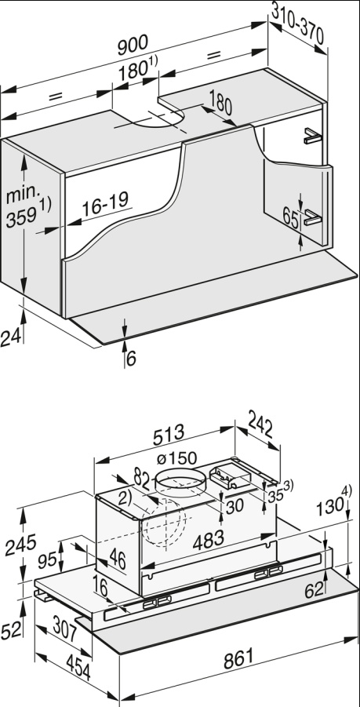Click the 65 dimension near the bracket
coord(289,220)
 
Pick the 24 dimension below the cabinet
coord(9,338)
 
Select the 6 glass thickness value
coord(131,358)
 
